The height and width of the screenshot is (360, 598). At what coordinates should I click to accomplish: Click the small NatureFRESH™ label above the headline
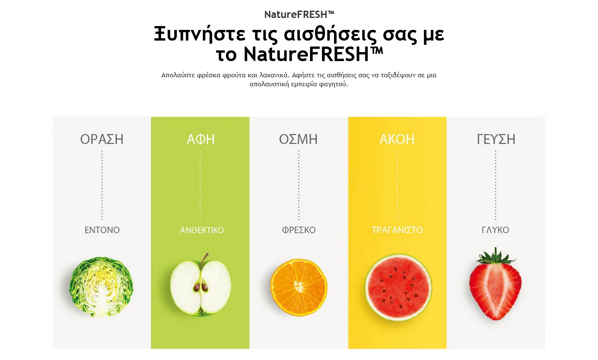click(299, 15)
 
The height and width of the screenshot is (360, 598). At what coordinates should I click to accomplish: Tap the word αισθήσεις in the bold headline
click(330, 34)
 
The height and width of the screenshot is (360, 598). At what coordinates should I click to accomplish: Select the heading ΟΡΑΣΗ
click(102, 139)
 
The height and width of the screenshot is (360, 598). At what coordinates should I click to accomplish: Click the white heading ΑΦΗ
click(200, 139)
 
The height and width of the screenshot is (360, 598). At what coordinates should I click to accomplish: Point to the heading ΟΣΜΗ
click(298, 139)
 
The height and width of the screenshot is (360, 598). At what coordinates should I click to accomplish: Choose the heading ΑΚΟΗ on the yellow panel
click(397, 139)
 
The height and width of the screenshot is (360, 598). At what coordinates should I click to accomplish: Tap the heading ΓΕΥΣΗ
click(496, 139)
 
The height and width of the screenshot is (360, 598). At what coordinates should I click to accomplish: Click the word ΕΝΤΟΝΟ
click(102, 230)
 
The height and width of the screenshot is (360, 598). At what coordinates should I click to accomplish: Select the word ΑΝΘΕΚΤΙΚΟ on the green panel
click(202, 230)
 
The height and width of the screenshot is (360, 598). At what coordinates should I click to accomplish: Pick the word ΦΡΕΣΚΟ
click(299, 230)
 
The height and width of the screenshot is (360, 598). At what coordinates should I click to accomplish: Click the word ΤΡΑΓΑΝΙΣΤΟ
click(397, 230)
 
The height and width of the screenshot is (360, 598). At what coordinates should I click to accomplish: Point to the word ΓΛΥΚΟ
click(495, 230)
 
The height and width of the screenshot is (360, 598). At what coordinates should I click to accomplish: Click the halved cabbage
click(101, 287)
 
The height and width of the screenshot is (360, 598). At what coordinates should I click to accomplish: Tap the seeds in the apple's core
click(201, 287)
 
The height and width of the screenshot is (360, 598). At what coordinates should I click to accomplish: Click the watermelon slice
click(398, 287)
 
